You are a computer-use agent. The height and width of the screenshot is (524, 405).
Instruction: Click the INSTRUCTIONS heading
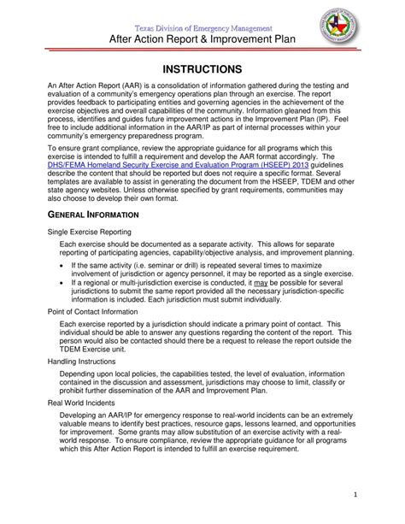(x=202, y=68)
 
